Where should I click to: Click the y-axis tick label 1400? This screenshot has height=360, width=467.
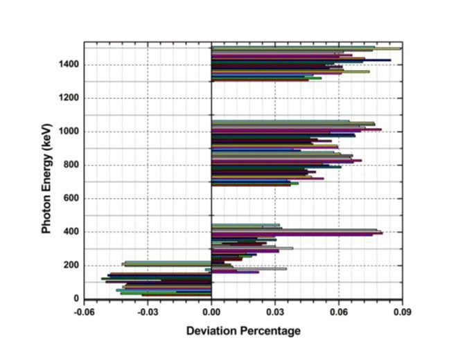69,64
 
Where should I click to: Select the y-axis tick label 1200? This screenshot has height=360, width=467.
69,98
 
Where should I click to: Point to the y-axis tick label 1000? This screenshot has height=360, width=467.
69,132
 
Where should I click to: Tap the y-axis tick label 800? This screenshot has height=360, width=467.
71,165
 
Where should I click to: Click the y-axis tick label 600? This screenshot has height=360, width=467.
71,199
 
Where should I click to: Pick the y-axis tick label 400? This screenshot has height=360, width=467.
71,232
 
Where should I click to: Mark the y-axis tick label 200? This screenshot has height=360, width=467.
71,266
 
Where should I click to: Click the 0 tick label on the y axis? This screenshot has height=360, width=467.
77,299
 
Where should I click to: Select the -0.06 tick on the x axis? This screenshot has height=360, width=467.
84,312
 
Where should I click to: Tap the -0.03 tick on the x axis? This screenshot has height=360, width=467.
148,312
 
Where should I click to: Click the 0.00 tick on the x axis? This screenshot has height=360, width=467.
211,312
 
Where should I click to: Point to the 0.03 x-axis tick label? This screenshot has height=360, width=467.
275,312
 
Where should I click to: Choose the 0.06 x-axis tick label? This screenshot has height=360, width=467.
339,312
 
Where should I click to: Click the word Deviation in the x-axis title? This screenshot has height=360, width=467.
212,331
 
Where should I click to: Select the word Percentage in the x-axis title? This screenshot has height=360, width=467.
270,331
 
